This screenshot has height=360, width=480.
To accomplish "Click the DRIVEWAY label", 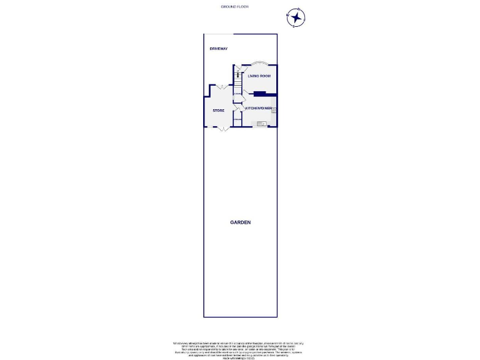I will click(218, 48).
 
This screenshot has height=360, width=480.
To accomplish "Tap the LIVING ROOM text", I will click(259, 76).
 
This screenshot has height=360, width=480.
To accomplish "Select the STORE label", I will click(218, 110).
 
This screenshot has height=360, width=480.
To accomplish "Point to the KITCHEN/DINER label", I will click(259, 108).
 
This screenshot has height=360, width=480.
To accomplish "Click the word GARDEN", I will click(240, 222).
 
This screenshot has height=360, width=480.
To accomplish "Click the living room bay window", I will click(259, 62).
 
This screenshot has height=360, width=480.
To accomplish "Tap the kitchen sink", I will click(262, 124).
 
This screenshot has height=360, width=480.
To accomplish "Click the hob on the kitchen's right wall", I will click(274, 111).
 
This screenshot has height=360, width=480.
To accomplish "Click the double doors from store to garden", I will click(220, 127).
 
